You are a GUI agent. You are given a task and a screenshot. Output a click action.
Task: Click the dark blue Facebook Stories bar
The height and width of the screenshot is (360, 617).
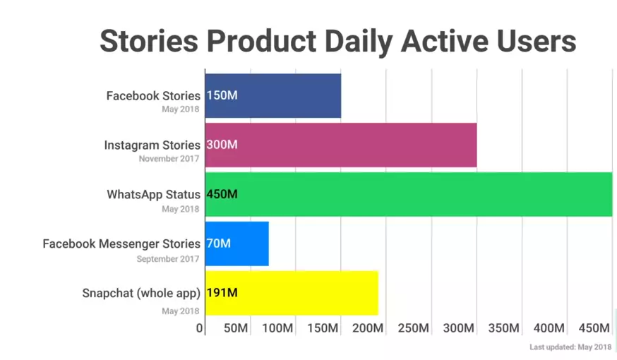click(273, 95)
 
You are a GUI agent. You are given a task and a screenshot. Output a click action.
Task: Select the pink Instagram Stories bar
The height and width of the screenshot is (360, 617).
click(341, 145)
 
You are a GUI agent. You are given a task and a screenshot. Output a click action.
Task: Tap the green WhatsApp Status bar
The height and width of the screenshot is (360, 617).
click(409, 194)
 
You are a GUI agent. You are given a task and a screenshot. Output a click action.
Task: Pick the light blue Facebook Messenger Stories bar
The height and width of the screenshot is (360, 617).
click(237, 244)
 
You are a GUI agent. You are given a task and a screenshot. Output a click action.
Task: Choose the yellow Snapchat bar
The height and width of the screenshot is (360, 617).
click(292, 293)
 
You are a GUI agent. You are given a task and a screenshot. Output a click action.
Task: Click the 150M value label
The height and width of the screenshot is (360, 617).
click(222, 95)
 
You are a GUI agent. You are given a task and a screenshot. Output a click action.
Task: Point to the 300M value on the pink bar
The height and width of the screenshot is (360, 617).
click(222, 145)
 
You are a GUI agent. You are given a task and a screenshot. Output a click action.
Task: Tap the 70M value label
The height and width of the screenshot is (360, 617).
click(218, 244)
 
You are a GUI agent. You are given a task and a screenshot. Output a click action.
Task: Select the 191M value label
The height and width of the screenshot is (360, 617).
click(222, 293)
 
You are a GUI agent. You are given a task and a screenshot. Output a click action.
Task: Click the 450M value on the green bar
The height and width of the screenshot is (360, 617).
click(222, 194)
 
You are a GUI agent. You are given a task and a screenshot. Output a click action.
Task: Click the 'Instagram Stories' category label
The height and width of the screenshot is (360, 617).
click(152, 145)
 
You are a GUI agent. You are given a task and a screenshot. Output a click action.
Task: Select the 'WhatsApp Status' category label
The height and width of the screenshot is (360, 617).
click(153, 194)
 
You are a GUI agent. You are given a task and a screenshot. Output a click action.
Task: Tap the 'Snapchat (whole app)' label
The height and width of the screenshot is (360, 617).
click(141, 293)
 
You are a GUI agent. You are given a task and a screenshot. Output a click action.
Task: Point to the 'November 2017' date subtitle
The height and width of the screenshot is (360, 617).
click(169, 159)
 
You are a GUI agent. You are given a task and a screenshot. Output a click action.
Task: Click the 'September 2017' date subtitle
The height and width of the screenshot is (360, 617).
click(168, 259)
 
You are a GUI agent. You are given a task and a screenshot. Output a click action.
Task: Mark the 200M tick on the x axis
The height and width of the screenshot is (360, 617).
click(368, 328)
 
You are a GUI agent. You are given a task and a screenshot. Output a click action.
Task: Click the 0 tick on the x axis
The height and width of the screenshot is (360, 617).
click(200, 328)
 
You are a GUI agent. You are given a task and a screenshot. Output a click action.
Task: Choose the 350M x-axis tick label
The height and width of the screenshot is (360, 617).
click(503, 328)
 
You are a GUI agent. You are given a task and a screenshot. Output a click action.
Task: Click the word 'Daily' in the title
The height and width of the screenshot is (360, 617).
click(359, 42)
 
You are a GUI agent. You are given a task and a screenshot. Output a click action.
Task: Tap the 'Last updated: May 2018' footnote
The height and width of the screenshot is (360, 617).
click(570, 347)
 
